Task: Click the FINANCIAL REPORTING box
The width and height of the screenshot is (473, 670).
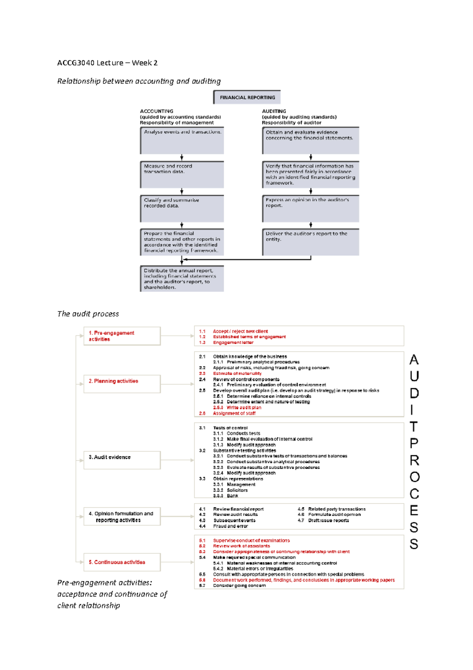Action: tap(247, 97)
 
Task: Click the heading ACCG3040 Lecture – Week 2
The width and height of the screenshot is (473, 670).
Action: tap(107, 63)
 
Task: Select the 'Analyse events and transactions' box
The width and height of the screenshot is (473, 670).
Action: tap(182, 140)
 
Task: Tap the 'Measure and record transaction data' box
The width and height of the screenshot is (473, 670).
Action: tap(182, 174)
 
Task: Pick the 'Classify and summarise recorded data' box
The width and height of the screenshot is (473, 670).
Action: tap(182, 208)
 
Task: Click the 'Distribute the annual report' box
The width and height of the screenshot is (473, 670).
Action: tap(182, 279)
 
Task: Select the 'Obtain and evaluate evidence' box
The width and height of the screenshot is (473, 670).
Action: tap(311, 140)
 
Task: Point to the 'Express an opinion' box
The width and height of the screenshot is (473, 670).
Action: tap(311, 208)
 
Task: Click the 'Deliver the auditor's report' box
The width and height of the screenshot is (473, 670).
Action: tap(311, 242)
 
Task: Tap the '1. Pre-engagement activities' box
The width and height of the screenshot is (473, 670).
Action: tap(122, 336)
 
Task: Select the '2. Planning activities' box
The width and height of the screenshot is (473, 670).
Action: tap(122, 384)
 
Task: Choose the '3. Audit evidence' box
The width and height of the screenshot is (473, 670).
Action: tap(122, 460)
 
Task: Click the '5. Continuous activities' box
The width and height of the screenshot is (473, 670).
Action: tap(122, 562)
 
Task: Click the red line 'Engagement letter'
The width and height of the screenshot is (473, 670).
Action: tap(233, 342)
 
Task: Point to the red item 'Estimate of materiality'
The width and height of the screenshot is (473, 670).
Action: tap(237, 373)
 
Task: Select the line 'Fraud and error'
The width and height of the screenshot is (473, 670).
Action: tap(231, 526)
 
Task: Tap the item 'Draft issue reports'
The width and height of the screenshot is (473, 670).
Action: tap(328, 520)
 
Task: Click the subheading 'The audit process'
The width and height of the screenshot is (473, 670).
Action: tap(88, 314)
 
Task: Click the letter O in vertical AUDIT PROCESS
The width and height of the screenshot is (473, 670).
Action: tap(414, 477)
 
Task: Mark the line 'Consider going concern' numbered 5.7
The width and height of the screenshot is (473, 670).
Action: tap(239, 586)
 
